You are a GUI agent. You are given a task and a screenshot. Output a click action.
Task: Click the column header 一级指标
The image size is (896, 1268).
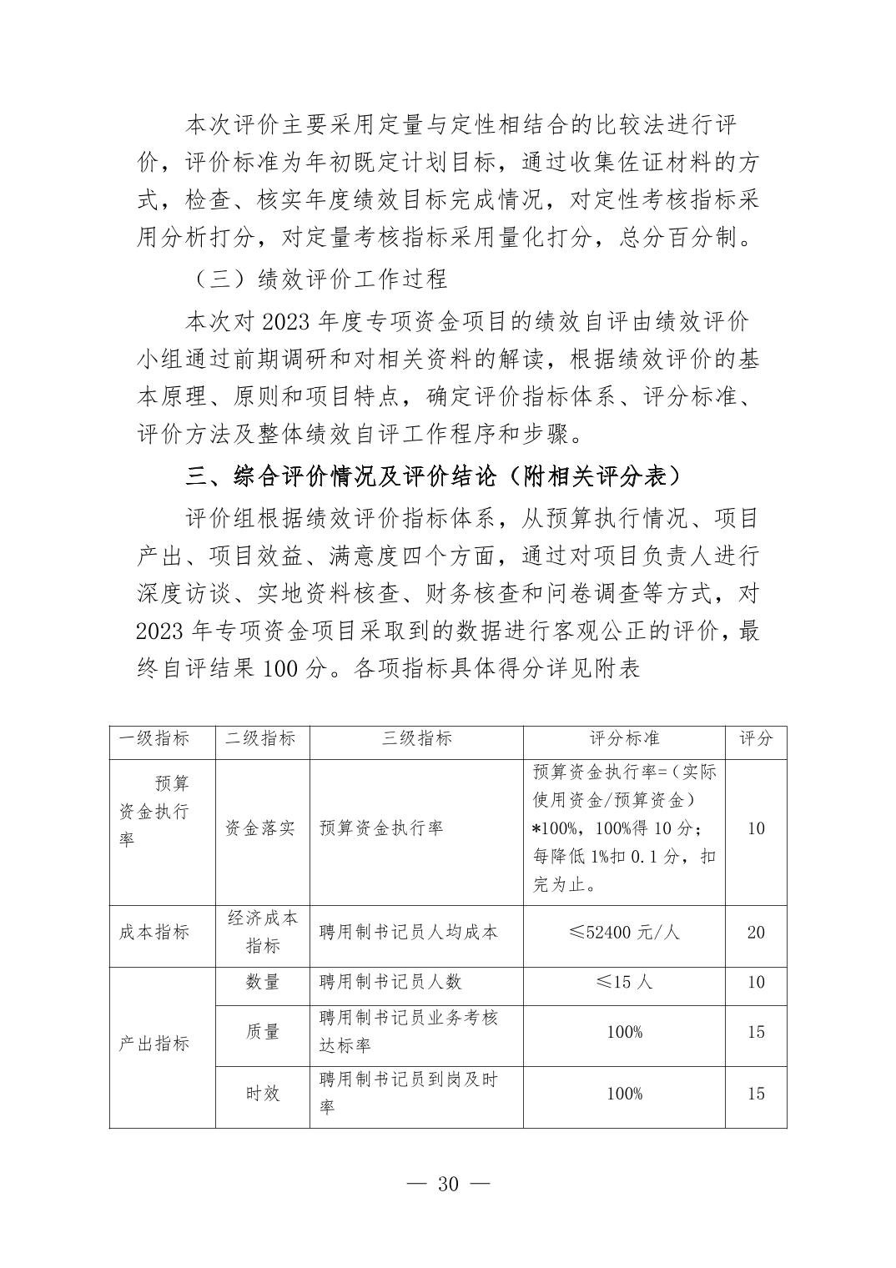(x=154, y=739)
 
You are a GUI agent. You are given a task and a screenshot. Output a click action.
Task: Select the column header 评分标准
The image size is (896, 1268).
(x=624, y=739)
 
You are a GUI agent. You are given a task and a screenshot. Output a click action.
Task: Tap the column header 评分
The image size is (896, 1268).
(x=756, y=739)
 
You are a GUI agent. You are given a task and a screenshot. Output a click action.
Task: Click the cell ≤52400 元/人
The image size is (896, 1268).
(x=624, y=932)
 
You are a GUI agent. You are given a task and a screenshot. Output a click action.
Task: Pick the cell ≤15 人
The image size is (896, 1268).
(x=624, y=982)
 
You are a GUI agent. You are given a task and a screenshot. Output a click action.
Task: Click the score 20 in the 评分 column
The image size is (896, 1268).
(x=756, y=932)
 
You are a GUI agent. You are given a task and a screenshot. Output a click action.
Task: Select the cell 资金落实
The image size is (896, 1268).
(x=261, y=828)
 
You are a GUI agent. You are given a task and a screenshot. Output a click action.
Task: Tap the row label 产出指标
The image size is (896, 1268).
(x=154, y=1044)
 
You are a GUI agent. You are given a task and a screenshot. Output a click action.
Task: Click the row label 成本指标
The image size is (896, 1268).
(x=154, y=932)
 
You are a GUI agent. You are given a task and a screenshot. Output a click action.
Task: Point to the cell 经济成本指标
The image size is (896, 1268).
(x=262, y=932)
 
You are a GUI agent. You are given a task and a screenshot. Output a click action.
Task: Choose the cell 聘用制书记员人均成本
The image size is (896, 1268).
(x=408, y=932)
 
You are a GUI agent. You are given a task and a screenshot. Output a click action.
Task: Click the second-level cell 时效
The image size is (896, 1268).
(x=262, y=1094)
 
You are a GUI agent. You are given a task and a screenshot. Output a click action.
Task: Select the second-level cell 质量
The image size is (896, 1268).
(x=262, y=1032)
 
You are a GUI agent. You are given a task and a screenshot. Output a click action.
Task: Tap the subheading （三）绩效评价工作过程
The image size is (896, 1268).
(x=317, y=279)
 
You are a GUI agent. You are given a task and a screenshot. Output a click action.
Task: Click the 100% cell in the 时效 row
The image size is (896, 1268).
(x=624, y=1094)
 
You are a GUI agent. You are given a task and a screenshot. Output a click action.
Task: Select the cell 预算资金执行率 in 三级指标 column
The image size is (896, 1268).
(x=381, y=828)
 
